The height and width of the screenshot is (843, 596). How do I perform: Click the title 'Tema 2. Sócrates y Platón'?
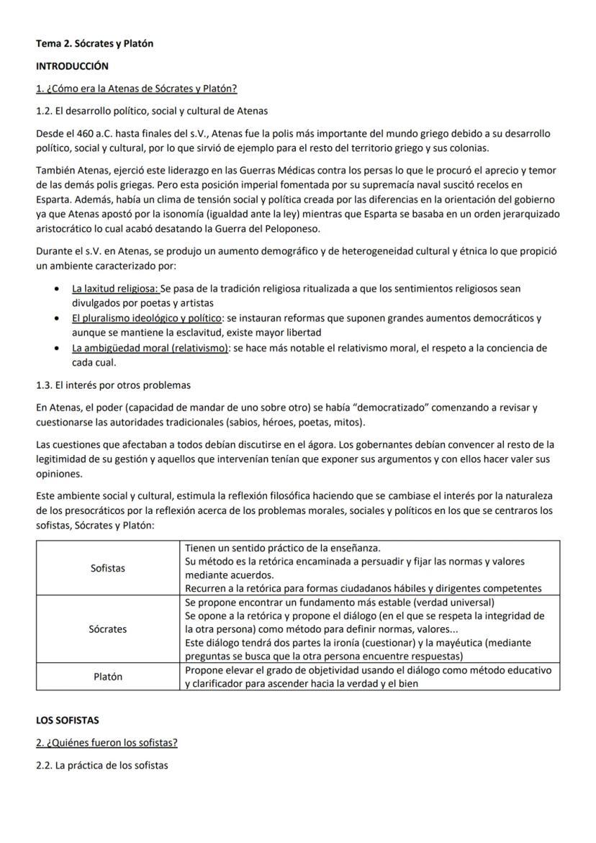94,44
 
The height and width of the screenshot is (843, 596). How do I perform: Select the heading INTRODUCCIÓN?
72,66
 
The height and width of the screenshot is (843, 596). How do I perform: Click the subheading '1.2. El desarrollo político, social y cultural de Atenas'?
152,111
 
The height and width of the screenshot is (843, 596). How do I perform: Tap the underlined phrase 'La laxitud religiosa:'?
115,288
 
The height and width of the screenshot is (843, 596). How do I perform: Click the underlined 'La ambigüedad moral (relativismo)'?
150,348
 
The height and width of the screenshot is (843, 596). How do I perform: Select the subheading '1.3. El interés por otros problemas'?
113,385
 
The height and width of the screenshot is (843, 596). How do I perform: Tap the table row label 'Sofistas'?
108,568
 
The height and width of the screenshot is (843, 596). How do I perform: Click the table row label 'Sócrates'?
108,628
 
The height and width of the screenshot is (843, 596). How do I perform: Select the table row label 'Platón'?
108,677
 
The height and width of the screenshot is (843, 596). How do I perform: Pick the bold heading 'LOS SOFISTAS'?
68,720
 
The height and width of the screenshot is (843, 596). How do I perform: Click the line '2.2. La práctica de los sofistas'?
101,765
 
